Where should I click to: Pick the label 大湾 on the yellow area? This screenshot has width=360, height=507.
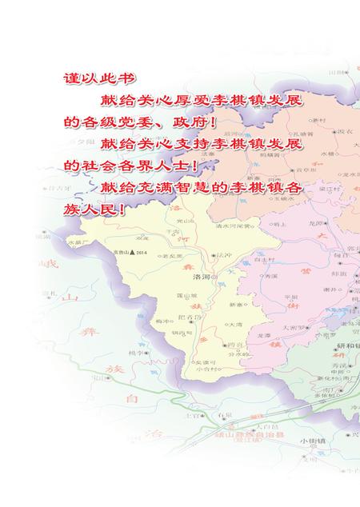click(x=234, y=325)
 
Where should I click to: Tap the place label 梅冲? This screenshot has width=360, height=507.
click(x=162, y=322)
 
